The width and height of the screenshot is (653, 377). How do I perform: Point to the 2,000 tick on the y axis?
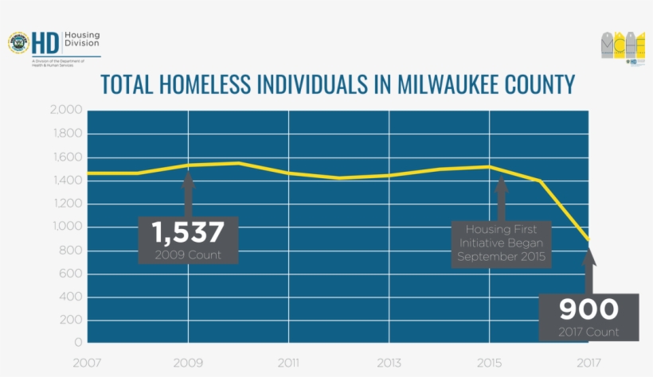66,110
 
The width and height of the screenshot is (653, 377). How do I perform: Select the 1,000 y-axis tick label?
66,227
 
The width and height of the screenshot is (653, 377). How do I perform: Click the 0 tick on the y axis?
78,343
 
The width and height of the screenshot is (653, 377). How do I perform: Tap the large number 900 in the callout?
588,309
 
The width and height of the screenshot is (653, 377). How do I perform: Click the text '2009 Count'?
188,255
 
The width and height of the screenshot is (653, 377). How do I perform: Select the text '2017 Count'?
588,332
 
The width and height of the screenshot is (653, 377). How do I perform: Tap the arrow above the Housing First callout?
501,199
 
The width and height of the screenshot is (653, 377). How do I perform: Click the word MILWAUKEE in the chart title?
439,84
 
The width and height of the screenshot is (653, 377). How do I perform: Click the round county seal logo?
18,43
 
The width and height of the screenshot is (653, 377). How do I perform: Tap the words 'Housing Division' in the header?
82,41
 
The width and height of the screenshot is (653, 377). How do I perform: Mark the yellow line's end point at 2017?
588,239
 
